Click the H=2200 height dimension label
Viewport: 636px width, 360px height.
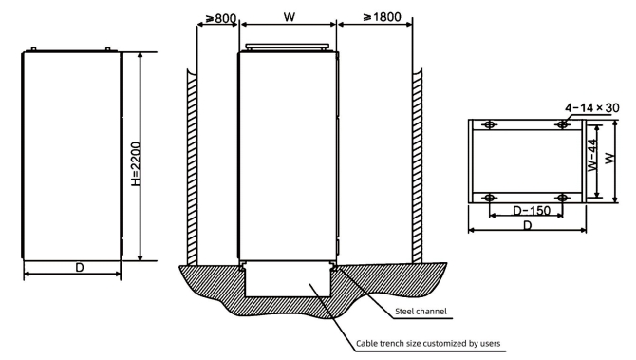(x=137, y=164)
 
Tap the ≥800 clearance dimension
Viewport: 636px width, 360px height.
(x=220, y=18)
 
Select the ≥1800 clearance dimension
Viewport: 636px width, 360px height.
(x=383, y=17)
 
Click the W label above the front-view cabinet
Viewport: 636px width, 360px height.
(x=290, y=17)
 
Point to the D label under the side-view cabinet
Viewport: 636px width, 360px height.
(x=80, y=268)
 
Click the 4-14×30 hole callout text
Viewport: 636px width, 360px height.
(x=592, y=107)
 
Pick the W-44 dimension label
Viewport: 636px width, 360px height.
(x=592, y=155)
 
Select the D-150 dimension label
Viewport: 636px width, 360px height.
(x=532, y=210)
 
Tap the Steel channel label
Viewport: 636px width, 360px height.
(x=421, y=312)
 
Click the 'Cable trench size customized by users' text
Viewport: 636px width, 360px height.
(x=428, y=343)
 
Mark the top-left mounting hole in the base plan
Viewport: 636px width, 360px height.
(x=490, y=124)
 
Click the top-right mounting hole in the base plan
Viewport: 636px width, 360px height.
(x=562, y=124)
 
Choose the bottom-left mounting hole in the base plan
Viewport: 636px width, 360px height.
(x=490, y=198)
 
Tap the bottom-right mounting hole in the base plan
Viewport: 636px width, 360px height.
(x=562, y=198)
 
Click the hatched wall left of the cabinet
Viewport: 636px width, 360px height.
(x=192, y=166)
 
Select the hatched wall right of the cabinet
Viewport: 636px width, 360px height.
(x=417, y=166)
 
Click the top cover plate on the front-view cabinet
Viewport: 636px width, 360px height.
(x=288, y=47)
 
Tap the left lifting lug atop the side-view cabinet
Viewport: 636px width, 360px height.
(x=33, y=49)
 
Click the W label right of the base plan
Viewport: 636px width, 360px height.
(x=609, y=159)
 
